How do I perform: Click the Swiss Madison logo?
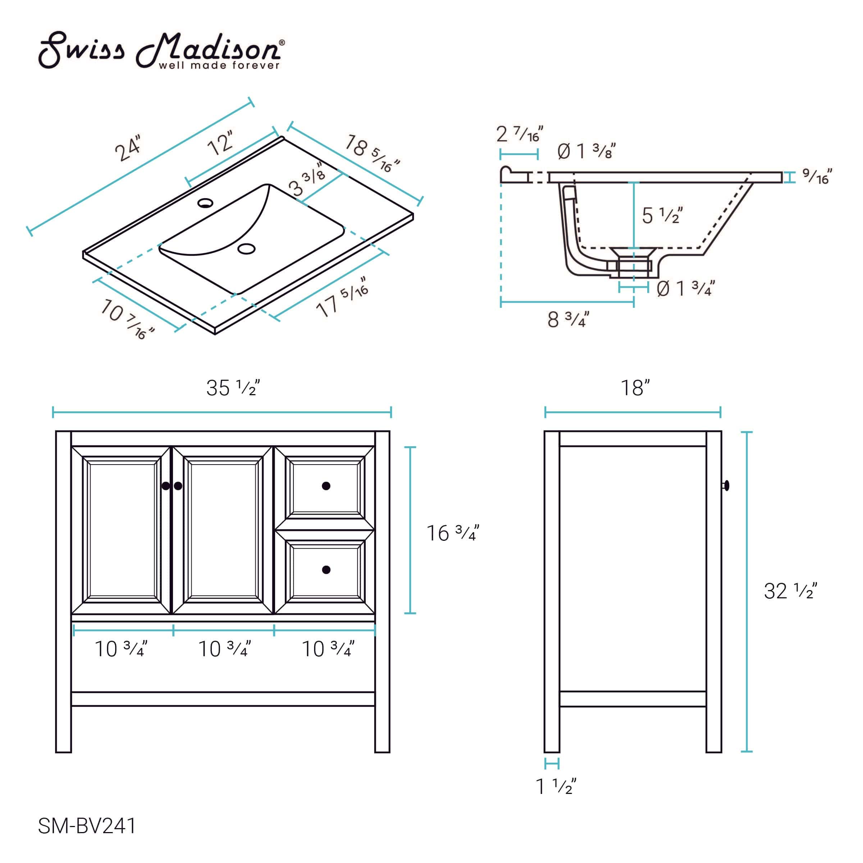click(x=161, y=50)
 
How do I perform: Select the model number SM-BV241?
click(x=87, y=826)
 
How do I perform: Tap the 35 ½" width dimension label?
click(x=233, y=388)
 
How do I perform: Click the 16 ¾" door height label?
click(x=452, y=533)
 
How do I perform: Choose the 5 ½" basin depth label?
click(x=662, y=216)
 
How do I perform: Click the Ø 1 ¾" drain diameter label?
click(x=686, y=288)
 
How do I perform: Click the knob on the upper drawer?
click(x=326, y=485)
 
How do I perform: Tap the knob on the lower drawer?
click(x=326, y=570)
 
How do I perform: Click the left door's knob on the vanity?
click(x=166, y=485)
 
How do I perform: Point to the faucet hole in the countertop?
click(x=205, y=203)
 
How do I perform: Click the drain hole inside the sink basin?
click(x=246, y=249)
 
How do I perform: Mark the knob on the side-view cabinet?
click(x=726, y=485)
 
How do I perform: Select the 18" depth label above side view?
click(x=635, y=388)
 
